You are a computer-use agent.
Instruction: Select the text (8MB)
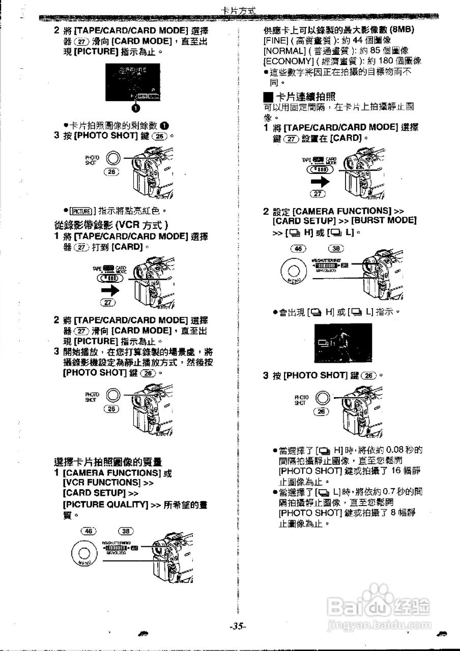click(399, 29)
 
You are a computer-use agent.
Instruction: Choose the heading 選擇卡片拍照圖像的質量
click(108, 462)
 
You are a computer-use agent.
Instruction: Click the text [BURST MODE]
click(384, 221)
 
